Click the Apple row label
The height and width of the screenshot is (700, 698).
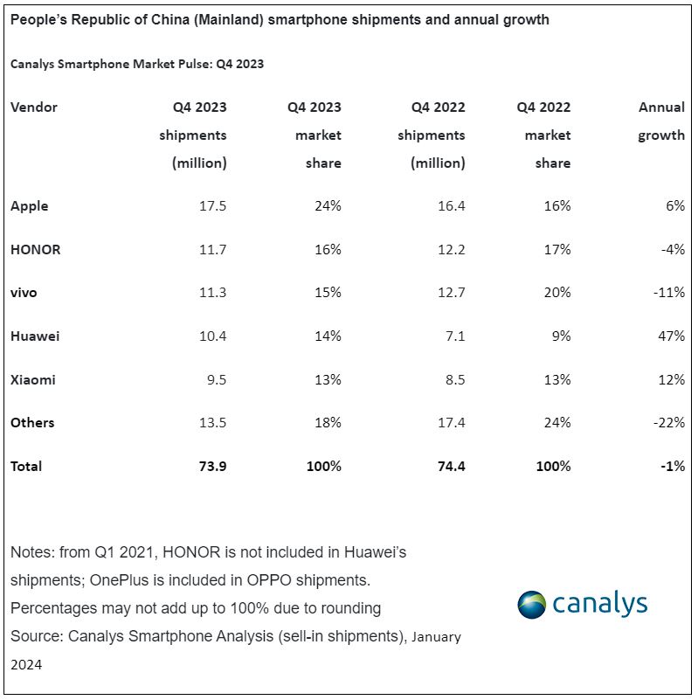tap(30, 206)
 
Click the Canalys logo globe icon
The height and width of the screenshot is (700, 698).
tap(531, 605)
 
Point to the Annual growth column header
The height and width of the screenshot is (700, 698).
tap(661, 121)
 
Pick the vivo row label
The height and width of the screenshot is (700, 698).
tap(24, 293)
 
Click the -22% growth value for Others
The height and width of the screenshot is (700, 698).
tap(668, 423)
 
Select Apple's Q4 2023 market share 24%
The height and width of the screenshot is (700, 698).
tap(327, 206)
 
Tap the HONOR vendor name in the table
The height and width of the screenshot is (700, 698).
tap(36, 249)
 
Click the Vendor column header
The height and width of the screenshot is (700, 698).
tap(34, 107)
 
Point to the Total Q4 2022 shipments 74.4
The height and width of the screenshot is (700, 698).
tap(449, 466)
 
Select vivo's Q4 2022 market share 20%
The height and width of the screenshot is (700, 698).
tap(556, 293)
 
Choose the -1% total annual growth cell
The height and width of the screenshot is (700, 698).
tap(672, 466)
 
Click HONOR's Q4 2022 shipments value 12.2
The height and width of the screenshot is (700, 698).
tap(449, 249)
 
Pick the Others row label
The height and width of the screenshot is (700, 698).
tap(32, 423)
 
